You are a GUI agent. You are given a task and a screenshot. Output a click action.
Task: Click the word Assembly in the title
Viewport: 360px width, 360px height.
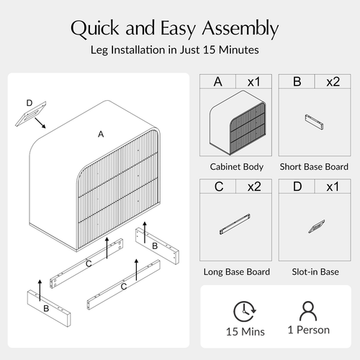(240, 29)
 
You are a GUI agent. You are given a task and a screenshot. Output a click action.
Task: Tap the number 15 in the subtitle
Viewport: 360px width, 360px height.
(209, 50)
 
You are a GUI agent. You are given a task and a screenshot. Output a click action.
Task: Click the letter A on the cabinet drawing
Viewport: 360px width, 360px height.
(101, 134)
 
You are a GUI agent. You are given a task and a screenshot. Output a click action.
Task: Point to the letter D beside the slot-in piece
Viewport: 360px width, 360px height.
(30, 103)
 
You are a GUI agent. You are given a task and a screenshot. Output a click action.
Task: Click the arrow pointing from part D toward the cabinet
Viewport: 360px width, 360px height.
(40, 123)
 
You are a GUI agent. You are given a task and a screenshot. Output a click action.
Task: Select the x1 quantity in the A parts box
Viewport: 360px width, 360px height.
(253, 81)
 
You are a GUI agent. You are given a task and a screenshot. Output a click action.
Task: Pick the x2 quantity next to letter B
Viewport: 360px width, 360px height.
(333, 81)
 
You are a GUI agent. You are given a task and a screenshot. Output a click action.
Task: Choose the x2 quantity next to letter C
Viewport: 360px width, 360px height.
(254, 186)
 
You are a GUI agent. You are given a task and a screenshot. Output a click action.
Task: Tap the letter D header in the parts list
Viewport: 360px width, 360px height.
(297, 186)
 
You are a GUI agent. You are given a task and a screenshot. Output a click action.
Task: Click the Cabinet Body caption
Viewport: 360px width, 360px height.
(237, 167)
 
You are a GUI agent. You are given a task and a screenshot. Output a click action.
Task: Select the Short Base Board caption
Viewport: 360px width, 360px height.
(314, 167)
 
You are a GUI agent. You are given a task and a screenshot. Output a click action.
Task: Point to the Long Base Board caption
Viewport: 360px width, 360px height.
(237, 272)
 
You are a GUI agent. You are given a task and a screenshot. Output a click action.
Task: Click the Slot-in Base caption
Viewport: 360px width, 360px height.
(315, 272)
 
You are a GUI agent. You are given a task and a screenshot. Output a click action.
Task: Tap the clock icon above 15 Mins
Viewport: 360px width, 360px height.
(245, 311)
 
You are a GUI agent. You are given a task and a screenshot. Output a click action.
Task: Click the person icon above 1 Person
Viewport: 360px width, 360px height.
(308, 311)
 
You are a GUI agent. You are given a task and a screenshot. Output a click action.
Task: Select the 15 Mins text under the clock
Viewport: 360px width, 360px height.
(246, 332)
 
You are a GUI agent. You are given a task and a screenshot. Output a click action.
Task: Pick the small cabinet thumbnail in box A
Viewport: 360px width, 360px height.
(238, 122)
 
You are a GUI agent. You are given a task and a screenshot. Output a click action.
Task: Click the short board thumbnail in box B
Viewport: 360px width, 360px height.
(314, 122)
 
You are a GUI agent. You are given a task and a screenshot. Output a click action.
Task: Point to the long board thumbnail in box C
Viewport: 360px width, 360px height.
(235, 224)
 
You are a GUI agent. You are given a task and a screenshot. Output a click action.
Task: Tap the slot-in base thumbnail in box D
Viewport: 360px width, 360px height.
(317, 226)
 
